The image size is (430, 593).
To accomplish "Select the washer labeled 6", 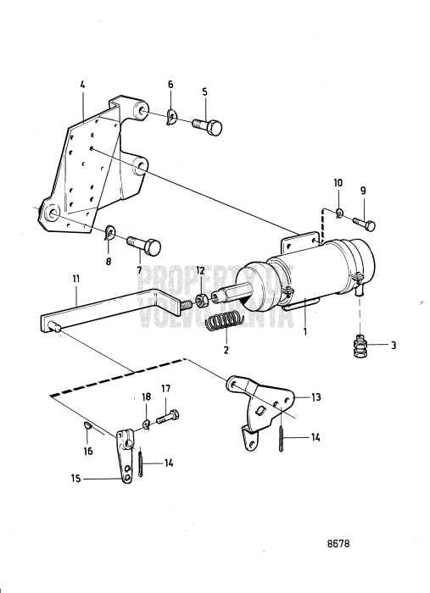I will (172, 115).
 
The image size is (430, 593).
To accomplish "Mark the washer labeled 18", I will (147, 422).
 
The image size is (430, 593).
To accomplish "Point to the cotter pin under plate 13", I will (281, 440).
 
